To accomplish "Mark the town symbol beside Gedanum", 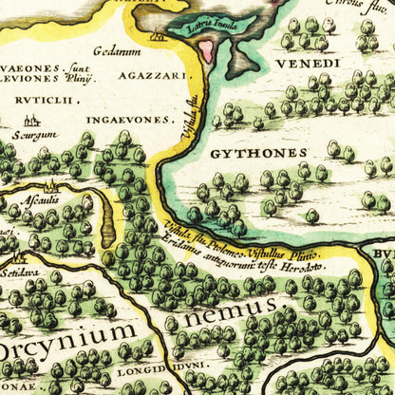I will (158, 39).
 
